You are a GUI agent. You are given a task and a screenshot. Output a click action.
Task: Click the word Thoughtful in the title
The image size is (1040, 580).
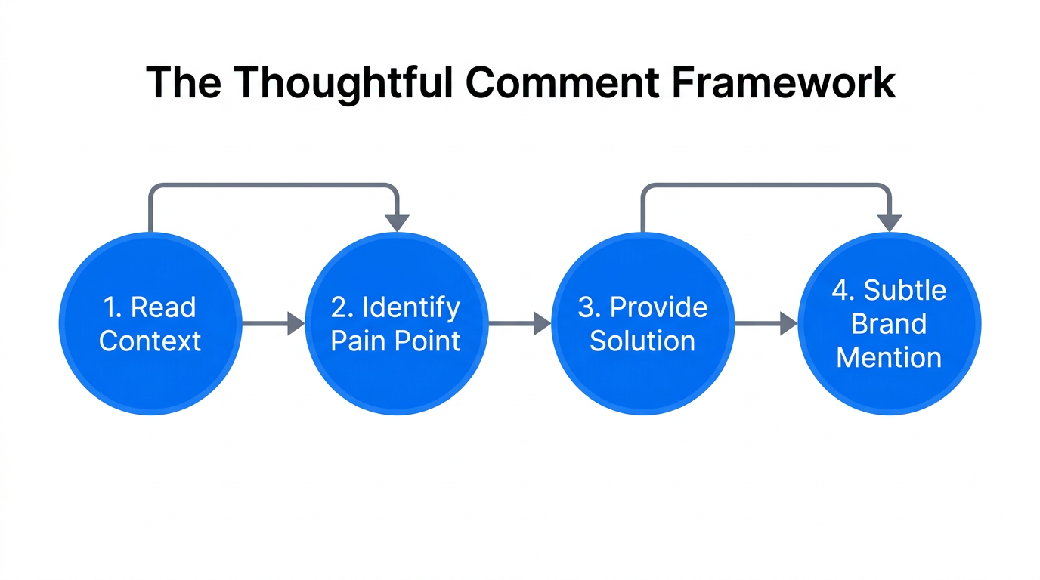point(336,82)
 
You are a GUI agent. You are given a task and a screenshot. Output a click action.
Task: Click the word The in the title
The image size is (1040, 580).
point(184,82)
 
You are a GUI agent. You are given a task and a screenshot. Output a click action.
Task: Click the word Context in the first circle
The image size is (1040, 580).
point(150,341)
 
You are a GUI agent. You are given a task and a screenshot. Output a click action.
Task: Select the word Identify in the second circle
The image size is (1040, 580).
point(410,307)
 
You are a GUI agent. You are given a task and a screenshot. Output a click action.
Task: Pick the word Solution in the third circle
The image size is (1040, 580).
point(642,341)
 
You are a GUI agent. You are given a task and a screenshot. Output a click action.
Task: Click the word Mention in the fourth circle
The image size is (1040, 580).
point(889,356)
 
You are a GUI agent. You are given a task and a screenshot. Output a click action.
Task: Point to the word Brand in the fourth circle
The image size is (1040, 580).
point(889,323)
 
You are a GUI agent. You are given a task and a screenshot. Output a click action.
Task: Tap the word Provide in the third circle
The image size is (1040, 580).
point(658,307)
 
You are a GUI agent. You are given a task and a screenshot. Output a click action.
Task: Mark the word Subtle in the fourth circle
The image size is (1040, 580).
point(905,291)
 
